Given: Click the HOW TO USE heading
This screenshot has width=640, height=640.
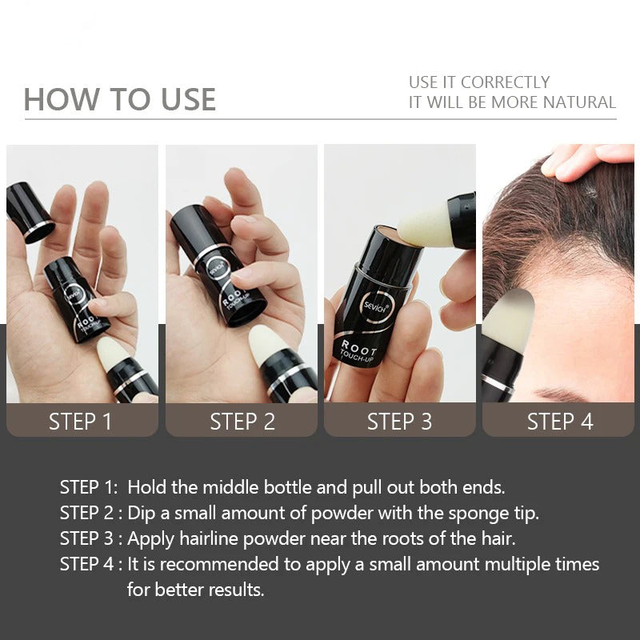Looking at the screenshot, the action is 119,99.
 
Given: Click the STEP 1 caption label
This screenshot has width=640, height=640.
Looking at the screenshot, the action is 81,422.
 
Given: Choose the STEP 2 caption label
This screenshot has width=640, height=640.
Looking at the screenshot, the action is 242,422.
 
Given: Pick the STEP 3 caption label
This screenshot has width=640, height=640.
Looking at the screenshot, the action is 399,422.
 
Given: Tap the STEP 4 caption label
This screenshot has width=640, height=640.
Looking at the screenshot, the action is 560,422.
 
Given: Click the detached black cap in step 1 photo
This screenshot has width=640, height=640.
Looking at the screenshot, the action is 30,212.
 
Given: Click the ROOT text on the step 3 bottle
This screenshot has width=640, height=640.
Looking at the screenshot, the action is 359,348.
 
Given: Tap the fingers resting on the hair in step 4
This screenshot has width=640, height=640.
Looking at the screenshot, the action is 588,162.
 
